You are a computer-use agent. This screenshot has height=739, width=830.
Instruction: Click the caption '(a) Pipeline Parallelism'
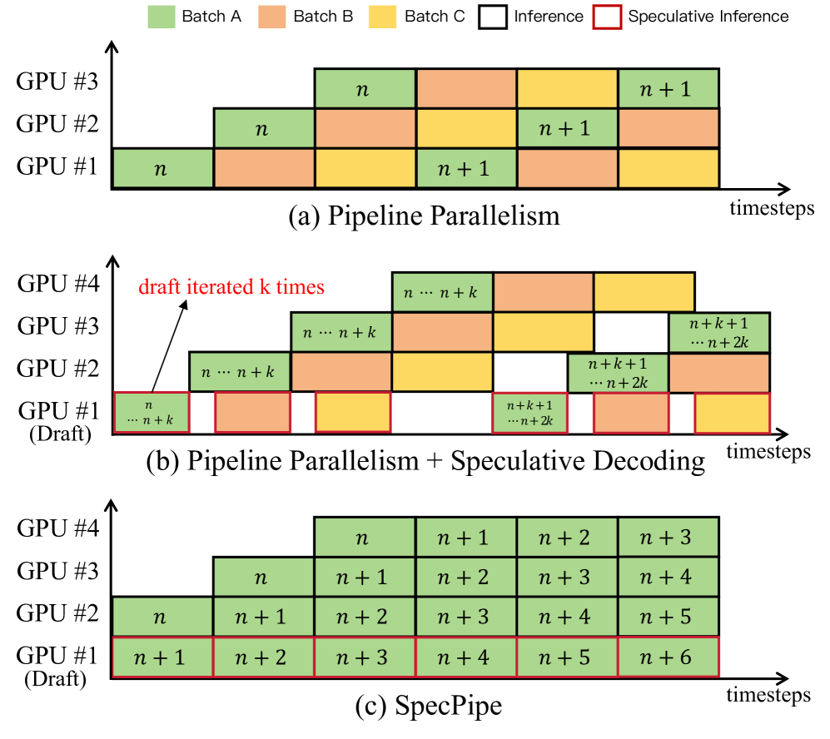click(x=424, y=217)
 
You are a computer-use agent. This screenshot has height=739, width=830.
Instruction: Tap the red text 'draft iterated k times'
click(x=232, y=288)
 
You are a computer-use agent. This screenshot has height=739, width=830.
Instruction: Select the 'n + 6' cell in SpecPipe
click(x=668, y=656)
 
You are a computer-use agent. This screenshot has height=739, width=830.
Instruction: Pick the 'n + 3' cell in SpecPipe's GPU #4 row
click(x=668, y=537)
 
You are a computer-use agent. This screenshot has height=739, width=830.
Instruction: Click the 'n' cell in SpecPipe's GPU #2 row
click(x=162, y=616)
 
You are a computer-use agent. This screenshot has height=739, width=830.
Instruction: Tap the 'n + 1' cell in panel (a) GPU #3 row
click(x=668, y=87)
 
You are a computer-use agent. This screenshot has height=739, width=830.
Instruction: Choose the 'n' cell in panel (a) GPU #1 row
click(x=162, y=169)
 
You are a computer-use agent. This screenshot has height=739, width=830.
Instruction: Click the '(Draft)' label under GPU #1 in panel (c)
click(x=57, y=678)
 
